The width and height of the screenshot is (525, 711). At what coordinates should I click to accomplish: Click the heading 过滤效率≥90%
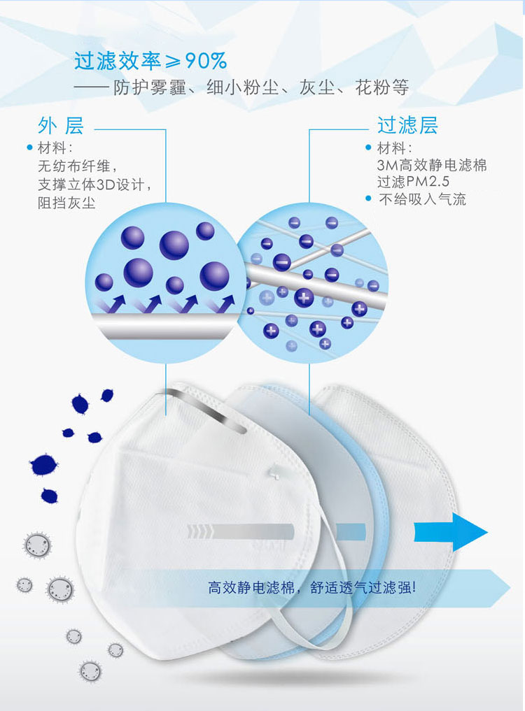click(150, 61)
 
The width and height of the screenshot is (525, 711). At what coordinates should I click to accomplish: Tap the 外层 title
click(61, 125)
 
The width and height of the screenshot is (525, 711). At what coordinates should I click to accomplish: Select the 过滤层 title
click(407, 125)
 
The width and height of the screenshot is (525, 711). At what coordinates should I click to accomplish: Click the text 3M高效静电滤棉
click(431, 164)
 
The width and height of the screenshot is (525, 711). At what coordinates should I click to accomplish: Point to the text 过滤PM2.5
click(413, 181)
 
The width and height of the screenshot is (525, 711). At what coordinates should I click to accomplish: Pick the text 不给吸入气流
click(422, 199)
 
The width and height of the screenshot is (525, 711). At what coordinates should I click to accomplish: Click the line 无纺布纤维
click(77, 166)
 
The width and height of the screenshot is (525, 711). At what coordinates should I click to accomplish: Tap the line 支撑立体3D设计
click(94, 185)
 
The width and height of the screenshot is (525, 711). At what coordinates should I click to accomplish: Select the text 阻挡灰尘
click(66, 203)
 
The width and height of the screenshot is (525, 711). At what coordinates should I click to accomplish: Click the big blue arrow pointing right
click(451, 532)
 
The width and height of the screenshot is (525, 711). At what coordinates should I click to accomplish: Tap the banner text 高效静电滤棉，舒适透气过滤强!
click(312, 587)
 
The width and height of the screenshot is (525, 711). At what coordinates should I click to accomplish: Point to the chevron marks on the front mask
click(199, 532)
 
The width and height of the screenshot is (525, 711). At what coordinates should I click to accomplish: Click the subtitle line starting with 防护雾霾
click(261, 87)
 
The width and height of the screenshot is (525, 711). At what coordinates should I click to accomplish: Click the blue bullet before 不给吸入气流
click(368, 199)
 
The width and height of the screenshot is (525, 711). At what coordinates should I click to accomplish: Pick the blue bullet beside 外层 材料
click(30, 148)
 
